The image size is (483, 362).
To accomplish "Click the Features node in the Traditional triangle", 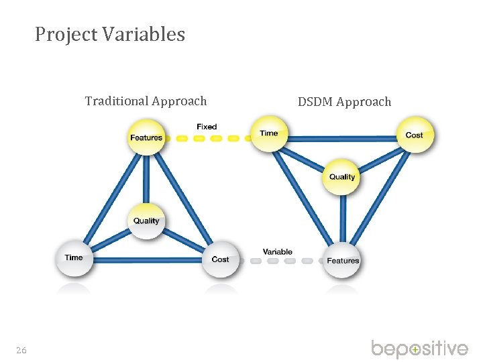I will pos(146,136).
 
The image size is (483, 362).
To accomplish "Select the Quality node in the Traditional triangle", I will pos(146,220).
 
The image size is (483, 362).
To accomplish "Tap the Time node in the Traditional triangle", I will pos(74,257).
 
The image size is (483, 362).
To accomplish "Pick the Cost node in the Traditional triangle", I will pos(220,259).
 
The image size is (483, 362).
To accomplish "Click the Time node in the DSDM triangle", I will pos(269,133).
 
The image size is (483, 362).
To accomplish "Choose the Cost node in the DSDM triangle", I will pos(414,135).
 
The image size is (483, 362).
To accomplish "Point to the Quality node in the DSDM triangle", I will pos(342,176).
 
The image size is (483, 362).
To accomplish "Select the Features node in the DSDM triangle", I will pos(343,260).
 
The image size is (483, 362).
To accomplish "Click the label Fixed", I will pos(207,126).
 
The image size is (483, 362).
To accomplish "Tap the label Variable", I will pos(277,252).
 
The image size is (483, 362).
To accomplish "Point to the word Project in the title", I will pos(66,34).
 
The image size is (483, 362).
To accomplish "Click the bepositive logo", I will pos(419,349).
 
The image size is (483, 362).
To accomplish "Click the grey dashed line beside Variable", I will pos(282,261).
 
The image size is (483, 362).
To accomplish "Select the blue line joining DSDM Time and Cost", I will pos(341,138).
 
